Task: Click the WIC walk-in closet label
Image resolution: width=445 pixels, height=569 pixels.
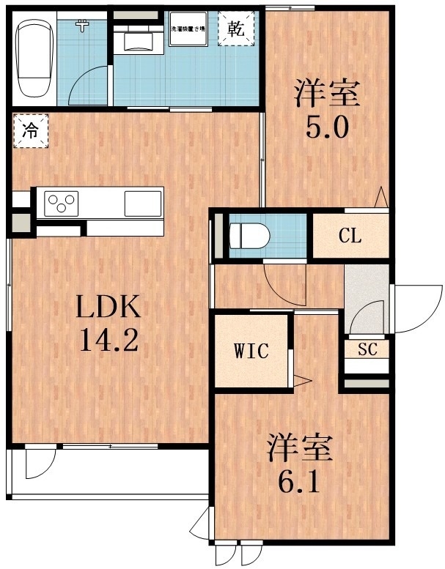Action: coord(251,351)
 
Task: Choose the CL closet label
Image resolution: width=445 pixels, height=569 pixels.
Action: coord(349,236)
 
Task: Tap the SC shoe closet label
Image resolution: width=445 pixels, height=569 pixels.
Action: coord(367,349)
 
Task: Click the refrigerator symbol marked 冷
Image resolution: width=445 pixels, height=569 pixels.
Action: coord(30,132)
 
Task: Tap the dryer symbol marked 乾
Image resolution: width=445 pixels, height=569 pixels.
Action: coord(235,30)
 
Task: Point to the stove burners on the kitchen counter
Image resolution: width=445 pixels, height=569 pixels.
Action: coord(62,202)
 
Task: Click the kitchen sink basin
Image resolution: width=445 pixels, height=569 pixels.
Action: coord(142,202)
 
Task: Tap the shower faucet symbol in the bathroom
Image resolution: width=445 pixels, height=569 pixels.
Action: coord(82,26)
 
